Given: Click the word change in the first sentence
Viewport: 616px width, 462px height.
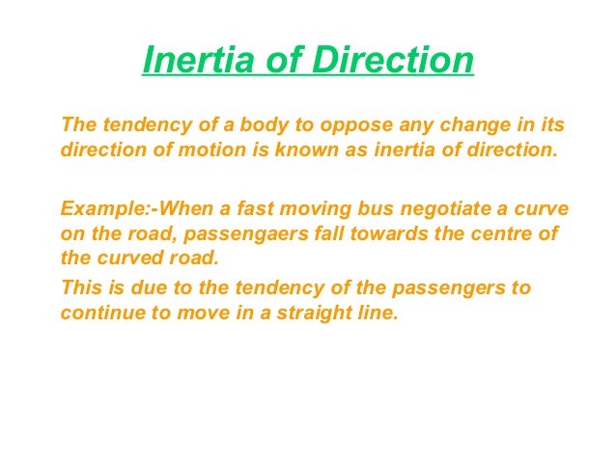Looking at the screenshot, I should click(x=457, y=126).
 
